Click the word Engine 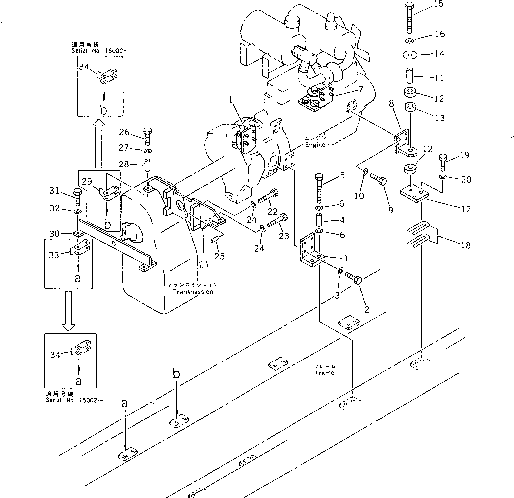click(315, 145)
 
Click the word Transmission click(193, 292)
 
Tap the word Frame click(325, 373)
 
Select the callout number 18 click(466, 245)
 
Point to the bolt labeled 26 click(147, 136)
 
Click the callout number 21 click(204, 265)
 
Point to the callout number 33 click(54, 255)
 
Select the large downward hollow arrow click(68, 310)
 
